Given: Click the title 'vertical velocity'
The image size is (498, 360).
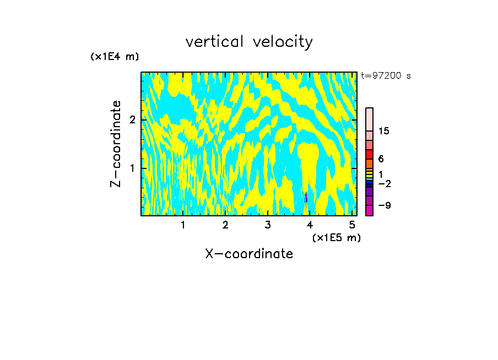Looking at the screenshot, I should pyautogui.click(x=249, y=42).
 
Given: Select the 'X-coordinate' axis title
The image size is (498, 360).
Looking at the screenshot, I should pyautogui.click(x=249, y=254).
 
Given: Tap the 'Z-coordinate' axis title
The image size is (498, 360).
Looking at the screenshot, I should pyautogui.click(x=116, y=144).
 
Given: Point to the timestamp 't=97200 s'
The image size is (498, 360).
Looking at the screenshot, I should pyautogui.click(x=386, y=76).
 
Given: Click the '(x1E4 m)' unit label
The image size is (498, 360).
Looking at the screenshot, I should pyautogui.click(x=115, y=57).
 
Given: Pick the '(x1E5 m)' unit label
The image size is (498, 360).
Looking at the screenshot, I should pyautogui.click(x=336, y=237).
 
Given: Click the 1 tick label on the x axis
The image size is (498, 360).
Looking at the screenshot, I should pyautogui.click(x=183, y=225).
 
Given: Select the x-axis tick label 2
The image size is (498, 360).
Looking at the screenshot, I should pyautogui.click(x=225, y=225).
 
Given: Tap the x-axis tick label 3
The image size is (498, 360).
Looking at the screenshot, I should pyautogui.click(x=268, y=225).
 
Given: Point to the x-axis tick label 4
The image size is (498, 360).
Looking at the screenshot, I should pyautogui.click(x=310, y=225).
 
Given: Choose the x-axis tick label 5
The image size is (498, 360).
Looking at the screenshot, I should pyautogui.click(x=352, y=225).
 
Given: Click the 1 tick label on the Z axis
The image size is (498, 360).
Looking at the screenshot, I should pyautogui.click(x=132, y=168).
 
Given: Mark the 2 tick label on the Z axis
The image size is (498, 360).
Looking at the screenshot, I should pyautogui.click(x=132, y=120).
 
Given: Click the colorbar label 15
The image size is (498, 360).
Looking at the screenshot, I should pyautogui.click(x=384, y=131).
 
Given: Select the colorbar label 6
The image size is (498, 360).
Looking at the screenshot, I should pyautogui.click(x=381, y=159).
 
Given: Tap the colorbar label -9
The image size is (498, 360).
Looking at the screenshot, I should pyautogui.click(x=384, y=205).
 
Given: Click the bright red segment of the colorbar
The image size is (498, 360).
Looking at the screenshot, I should pyautogui.click(x=369, y=154).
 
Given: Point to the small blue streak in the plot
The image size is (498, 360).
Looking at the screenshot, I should pyautogui.click(x=306, y=197).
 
